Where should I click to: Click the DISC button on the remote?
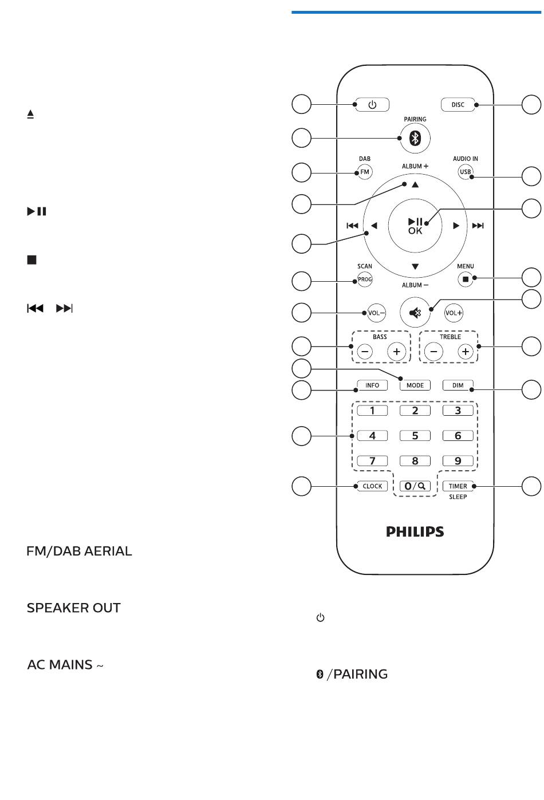[x=458, y=105]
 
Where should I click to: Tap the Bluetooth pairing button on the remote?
[x=415, y=138]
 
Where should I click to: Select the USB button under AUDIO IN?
[x=465, y=172]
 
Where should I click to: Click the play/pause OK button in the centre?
[x=415, y=226]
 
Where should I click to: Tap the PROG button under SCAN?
[x=365, y=279]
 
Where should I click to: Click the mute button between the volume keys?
[x=415, y=313]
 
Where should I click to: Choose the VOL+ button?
[x=454, y=313]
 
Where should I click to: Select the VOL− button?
[x=376, y=313]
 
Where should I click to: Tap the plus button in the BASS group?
[x=396, y=352]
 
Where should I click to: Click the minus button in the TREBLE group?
[x=433, y=352]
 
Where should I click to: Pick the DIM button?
[x=458, y=385]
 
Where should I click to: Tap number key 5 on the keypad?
[x=415, y=436]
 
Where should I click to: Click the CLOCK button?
[x=372, y=486]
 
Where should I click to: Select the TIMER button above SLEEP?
[x=458, y=486]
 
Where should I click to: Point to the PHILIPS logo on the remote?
[x=415, y=532]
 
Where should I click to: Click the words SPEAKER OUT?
[x=73, y=608]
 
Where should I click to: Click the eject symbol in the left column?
[x=30, y=114]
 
